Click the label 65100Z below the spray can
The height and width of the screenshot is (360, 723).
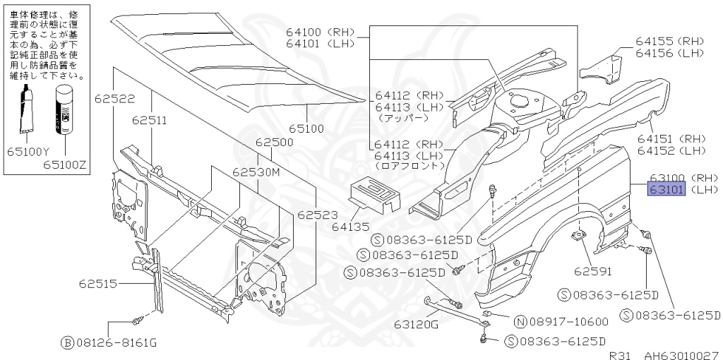[x=64, y=164]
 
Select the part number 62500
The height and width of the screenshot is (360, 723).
[x=274, y=142]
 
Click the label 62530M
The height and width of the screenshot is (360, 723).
[x=257, y=172]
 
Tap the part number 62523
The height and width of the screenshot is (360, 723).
[x=316, y=215]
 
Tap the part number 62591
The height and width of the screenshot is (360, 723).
[x=592, y=270]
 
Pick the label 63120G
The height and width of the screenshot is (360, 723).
[x=417, y=324]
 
